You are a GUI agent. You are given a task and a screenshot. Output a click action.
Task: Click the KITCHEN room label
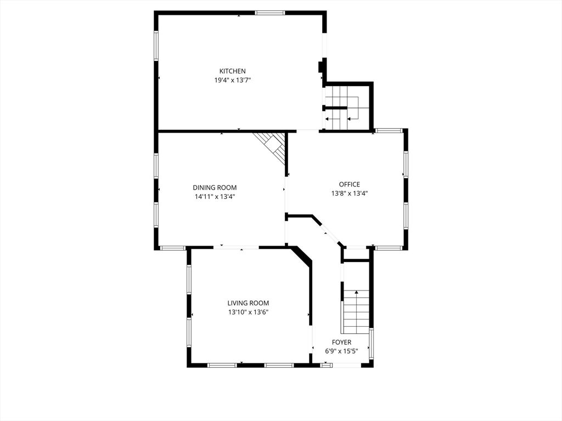pos(232,71)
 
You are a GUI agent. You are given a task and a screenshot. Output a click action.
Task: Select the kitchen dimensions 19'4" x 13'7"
pos(232,80)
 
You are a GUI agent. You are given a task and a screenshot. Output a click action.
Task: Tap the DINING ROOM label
pos(215,187)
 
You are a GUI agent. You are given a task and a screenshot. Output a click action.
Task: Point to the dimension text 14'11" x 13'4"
pos(215,196)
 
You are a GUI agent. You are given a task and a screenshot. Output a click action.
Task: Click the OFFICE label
pos(349,184)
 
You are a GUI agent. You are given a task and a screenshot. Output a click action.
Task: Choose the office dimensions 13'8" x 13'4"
pos(349,193)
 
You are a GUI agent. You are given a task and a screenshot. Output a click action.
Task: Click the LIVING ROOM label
pos(248,303)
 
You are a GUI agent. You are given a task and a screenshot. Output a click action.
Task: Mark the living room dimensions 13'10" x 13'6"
pos(248,312)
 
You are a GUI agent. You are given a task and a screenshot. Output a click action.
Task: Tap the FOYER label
pos(341,343)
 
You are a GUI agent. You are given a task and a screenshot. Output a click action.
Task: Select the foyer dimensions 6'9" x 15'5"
pos(341,351)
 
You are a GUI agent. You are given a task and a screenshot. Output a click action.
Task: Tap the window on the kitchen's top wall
pos(269,13)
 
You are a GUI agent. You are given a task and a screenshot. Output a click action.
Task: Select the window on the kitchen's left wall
pos(156,45)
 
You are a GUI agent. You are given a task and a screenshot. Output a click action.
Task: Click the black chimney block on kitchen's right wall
pos(321,67)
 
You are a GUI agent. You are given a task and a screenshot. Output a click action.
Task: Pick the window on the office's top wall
pos(389,130)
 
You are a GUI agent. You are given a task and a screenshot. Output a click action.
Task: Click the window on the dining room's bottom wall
pos(172,248)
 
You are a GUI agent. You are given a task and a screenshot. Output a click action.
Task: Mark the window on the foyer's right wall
pos(372,343)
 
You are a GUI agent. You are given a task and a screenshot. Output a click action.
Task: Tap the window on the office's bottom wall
pos(389,248)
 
